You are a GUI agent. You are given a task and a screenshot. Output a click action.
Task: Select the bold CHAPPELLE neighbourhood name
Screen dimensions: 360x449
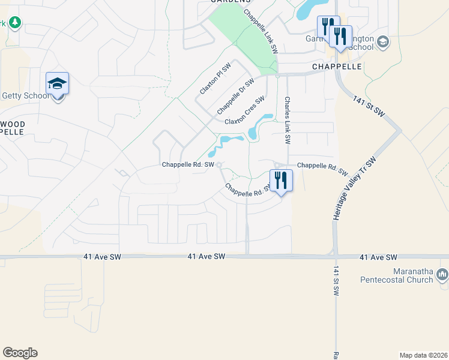[x=336, y=67]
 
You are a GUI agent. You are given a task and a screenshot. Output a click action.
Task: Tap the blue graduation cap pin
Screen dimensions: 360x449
[x=57, y=83]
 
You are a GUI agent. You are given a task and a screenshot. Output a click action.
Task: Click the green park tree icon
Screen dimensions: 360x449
[x=14, y=23]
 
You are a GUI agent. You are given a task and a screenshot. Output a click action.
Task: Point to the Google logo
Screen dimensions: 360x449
[x=20, y=353]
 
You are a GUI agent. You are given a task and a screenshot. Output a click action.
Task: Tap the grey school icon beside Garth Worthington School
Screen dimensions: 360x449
[x=383, y=42]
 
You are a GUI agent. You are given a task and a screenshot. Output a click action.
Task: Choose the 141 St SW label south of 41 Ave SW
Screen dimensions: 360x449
[x=337, y=280]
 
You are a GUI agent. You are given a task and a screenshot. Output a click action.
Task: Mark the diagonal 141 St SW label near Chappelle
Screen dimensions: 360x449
[x=368, y=107]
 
